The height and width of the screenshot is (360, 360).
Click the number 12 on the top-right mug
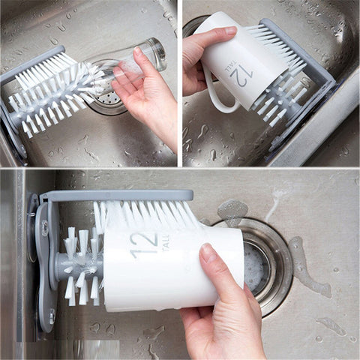click(242, 75)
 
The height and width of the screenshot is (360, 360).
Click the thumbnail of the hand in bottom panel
click(208, 253)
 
